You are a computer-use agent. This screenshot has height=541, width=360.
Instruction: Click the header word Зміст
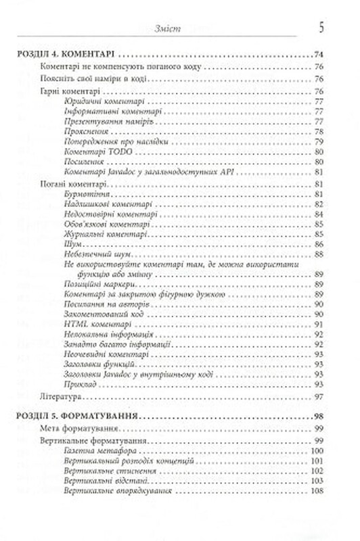pyautogui.click(x=166, y=28)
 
